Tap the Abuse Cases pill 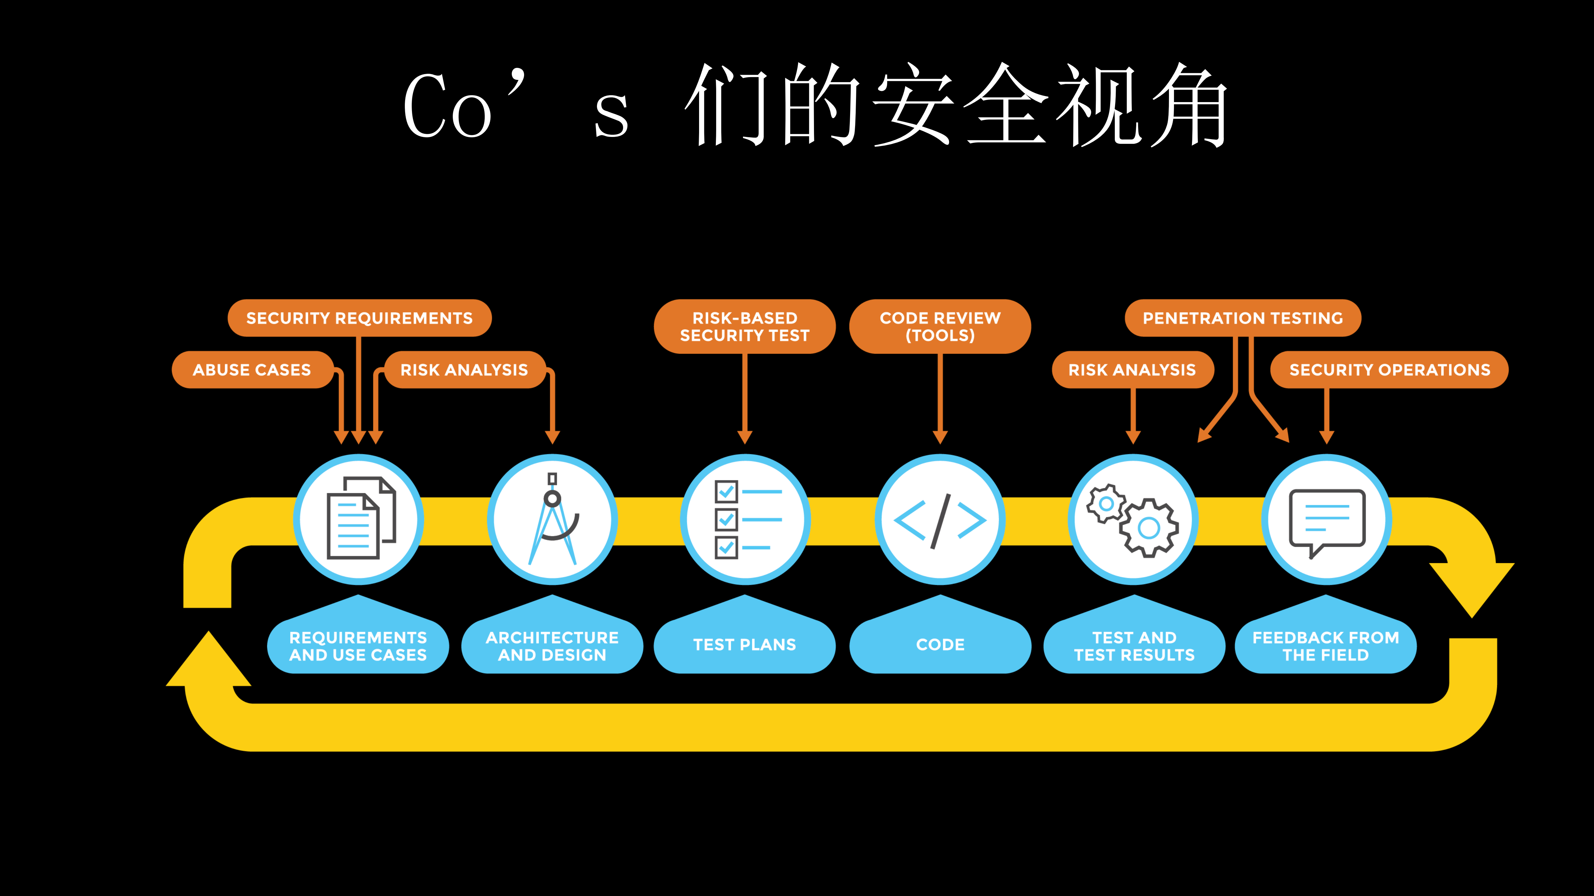[x=252, y=370]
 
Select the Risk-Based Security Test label [x=745, y=326]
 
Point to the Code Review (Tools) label [x=940, y=326]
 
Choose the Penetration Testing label [x=1242, y=318]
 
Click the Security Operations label [x=1389, y=370]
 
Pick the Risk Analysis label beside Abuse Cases [x=464, y=370]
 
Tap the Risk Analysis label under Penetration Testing [x=1133, y=370]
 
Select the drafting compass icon [x=553, y=519]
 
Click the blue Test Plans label [x=745, y=644]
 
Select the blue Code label [x=940, y=644]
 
